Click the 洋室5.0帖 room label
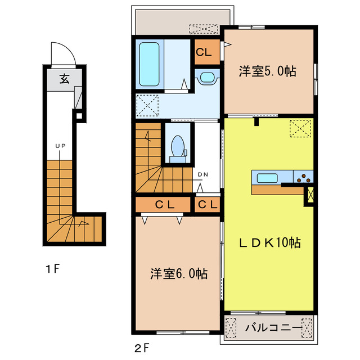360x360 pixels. coord(267,71)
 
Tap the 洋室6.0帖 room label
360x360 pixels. coord(179,274)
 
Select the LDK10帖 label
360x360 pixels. coord(270,242)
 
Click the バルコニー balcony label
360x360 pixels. coord(268,327)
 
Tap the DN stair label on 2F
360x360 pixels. coord(203,174)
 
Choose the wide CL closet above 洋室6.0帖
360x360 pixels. coord(164,205)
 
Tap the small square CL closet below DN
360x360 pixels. coord(207,205)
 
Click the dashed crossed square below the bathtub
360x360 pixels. coord(147,105)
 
